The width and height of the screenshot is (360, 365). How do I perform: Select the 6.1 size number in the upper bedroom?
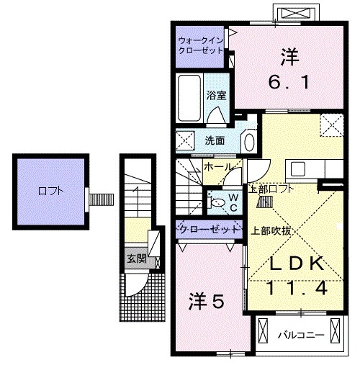pos(291,84)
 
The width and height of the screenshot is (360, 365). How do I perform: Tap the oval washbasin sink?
pos(248,140)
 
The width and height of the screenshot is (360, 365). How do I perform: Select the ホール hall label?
pos(217,167)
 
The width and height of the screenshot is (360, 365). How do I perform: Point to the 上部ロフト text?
pos(270,189)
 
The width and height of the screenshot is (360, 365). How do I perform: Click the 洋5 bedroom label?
pos(207,300)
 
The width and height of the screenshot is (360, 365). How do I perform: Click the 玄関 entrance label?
pos(135,258)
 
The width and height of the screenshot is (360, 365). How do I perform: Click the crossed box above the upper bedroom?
pos(296,14)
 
